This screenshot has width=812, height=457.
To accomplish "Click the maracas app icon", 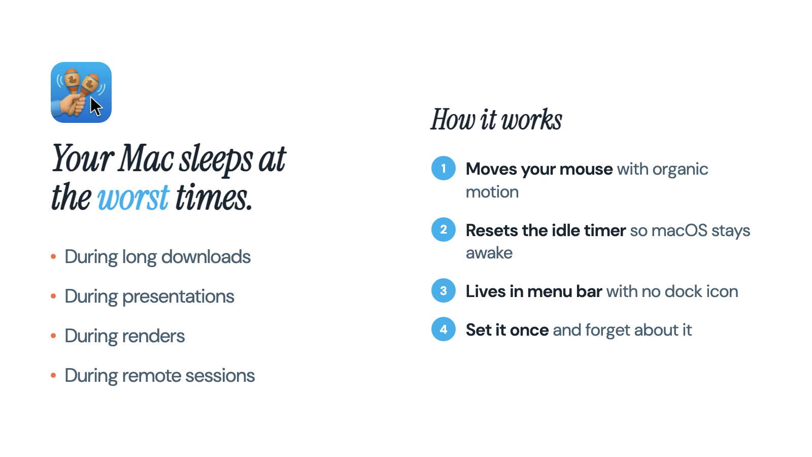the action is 81,92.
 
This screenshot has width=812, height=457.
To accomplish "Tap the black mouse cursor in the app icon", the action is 96,107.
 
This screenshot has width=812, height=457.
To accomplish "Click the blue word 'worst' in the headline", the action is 133,198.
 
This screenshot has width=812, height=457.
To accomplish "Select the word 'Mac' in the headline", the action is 147,158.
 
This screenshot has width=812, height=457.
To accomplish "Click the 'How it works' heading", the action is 496,119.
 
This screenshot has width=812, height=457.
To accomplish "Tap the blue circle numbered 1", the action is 444,168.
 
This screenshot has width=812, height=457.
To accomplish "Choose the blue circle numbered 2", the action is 444,230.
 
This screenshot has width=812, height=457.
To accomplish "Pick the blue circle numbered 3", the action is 444,290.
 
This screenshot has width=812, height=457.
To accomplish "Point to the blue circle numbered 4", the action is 444,330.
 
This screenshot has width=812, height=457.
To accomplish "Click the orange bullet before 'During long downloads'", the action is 53,257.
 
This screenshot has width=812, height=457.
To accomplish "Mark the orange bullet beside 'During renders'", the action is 53,336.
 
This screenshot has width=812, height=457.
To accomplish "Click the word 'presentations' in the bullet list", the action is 178,297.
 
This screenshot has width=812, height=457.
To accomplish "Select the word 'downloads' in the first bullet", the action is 206,257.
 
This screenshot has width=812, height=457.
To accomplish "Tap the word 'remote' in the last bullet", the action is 152,376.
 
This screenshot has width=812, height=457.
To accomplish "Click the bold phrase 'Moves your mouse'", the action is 539,170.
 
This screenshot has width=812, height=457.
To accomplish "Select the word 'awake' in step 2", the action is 489,253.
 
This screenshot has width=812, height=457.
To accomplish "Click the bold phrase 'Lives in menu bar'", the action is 534,291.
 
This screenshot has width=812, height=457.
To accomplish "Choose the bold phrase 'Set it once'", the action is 507,330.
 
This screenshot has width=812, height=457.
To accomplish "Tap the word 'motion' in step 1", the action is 492,192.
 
